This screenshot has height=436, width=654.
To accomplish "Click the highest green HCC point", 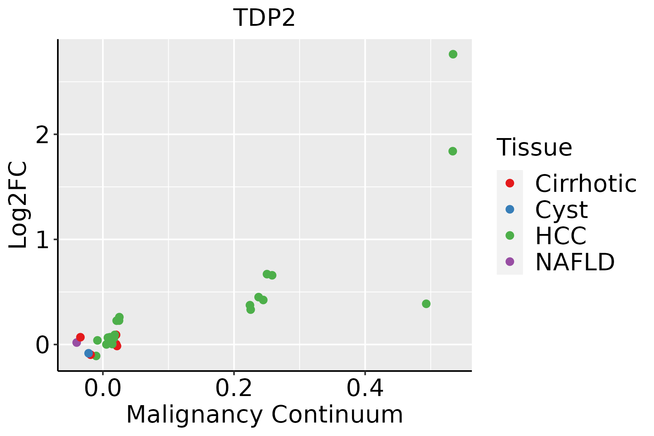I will pyautogui.click(x=453, y=54).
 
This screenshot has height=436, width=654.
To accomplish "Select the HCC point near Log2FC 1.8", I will pyautogui.click(x=452, y=151).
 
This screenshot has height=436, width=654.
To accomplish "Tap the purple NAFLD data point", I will pyautogui.click(x=77, y=342).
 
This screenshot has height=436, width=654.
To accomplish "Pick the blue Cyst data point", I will pyautogui.click(x=89, y=353).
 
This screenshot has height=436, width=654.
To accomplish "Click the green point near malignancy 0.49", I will pyautogui.click(x=426, y=304).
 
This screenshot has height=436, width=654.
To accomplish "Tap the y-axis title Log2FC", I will pyautogui.click(x=18, y=205).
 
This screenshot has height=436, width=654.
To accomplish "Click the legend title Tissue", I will pyautogui.click(x=534, y=148).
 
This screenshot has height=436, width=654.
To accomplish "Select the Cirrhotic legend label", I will pyautogui.click(x=585, y=183).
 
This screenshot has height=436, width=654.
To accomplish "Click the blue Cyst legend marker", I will pyautogui.click(x=510, y=209).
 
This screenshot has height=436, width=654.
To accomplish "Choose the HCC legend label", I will pyautogui.click(x=561, y=235).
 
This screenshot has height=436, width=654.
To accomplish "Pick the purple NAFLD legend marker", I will pyautogui.click(x=510, y=261).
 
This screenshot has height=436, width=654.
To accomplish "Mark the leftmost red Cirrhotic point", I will pyautogui.click(x=80, y=337).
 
